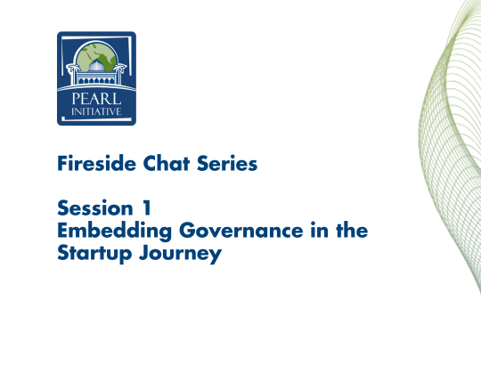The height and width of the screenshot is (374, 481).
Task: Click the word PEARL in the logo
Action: coord(97,99)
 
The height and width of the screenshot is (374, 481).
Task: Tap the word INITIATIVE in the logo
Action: coord(97,112)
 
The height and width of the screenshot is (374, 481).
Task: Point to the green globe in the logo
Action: coord(97,58)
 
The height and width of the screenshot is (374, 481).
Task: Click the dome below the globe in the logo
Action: coord(97,74)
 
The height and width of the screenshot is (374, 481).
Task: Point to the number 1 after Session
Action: coord(146,209)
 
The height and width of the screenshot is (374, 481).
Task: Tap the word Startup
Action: coord(92,255)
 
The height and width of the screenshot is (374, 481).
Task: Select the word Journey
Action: coord(177,255)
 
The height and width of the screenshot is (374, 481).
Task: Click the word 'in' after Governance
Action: coord(314,232)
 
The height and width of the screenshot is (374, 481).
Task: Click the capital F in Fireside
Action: coord(61,164)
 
